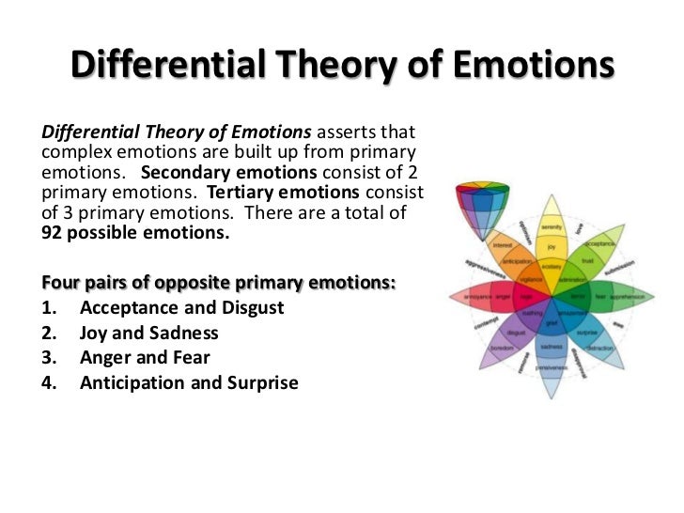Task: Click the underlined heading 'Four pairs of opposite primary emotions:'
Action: pyautogui.click(x=219, y=283)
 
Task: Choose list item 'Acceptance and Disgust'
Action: pyautogui.click(x=182, y=308)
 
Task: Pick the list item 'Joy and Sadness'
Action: pyautogui.click(x=149, y=333)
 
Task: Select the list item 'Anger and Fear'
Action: pyautogui.click(x=145, y=358)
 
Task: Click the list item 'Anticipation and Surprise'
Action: pyautogui.click(x=189, y=382)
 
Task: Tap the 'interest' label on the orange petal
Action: pyautogui.click(x=502, y=246)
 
